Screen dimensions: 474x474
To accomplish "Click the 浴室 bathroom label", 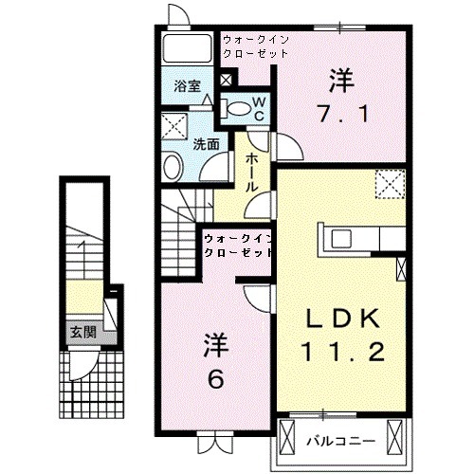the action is [x=188, y=85].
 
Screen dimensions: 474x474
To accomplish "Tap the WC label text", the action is [x=259, y=109].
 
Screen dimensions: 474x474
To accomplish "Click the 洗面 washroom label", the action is [x=206, y=144].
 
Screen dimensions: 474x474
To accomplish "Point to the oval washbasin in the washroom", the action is [x=173, y=167].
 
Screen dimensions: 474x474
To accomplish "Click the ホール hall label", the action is [x=252, y=173].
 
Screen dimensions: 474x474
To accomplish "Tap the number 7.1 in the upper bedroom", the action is [x=343, y=114].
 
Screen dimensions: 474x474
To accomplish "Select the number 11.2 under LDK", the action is [x=343, y=352].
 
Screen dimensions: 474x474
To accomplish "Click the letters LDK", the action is [x=343, y=319].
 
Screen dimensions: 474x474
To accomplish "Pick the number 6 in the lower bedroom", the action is [x=216, y=379].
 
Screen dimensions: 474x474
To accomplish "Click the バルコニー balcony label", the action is [x=341, y=441].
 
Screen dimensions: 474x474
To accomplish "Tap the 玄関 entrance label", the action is [x=83, y=332].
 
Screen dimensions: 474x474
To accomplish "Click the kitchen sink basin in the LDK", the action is [x=341, y=239].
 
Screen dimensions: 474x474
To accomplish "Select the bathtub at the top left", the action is [x=187, y=48].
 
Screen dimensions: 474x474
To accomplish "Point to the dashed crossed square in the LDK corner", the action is [x=390, y=184].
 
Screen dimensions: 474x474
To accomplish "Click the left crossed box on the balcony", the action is [x=287, y=436].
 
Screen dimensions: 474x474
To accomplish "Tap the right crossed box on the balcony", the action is [x=394, y=436].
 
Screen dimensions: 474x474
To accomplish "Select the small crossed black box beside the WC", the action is [x=227, y=80].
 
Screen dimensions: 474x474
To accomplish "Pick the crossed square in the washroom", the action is [x=174, y=127].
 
